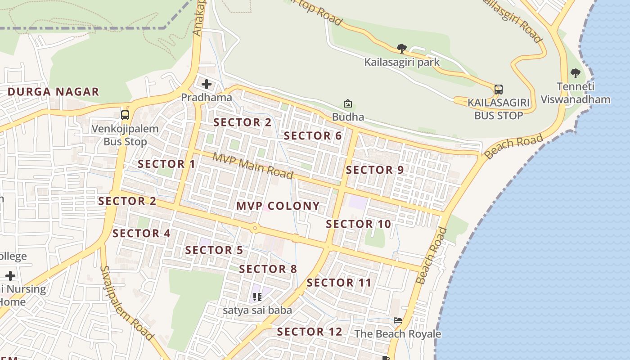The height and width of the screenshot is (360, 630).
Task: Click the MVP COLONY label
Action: click(278, 206)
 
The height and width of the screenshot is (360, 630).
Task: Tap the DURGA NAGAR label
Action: click(53, 92)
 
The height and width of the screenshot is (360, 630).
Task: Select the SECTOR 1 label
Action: click(166, 164)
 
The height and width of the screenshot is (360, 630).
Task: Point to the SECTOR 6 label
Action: click(313, 136)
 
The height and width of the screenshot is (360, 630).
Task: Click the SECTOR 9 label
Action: click(375, 170)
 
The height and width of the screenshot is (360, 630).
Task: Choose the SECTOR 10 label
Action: click(359, 224)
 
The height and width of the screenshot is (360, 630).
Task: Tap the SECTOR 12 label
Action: click(310, 332)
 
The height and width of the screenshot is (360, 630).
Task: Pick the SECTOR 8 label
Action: click(268, 270)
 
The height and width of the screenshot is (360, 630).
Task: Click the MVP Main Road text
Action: click(253, 165)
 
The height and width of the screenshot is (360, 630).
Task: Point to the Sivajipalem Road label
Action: click(127, 303)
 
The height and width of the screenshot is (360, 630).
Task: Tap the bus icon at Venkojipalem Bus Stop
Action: click(125, 115)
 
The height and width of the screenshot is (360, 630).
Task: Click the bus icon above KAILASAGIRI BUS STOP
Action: click(499, 89)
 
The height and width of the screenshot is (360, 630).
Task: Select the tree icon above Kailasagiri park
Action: click(402, 48)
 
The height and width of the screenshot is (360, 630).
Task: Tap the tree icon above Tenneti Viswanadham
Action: click(575, 73)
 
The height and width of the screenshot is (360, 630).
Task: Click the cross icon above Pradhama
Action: click(207, 84)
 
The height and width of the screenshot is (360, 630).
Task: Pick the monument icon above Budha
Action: click(348, 104)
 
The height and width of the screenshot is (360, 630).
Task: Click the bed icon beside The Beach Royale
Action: click(398, 320)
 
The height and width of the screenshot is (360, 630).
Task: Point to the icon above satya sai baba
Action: click(257, 297)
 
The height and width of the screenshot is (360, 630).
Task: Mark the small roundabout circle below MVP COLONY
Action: click(255, 228)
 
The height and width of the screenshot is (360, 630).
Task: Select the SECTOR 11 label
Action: click(339, 283)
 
